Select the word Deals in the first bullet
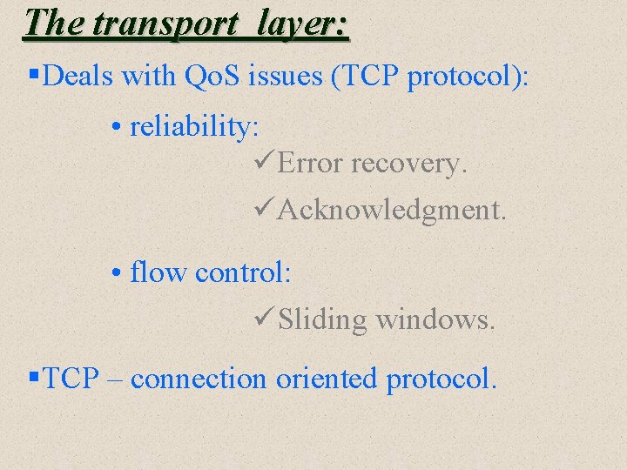(x=79, y=76)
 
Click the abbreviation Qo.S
(x=214, y=76)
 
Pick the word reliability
(x=193, y=127)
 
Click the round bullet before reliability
(x=118, y=128)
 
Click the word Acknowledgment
(x=391, y=210)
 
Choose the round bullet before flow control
(x=118, y=273)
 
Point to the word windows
(x=435, y=320)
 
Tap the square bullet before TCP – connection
(x=33, y=377)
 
